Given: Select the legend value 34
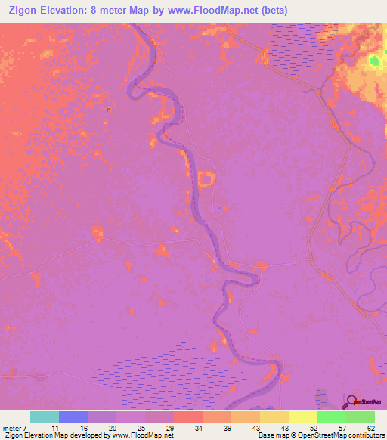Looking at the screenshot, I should pyautogui.click(x=198, y=428).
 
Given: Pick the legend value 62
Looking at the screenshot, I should pyautogui.click(x=371, y=428).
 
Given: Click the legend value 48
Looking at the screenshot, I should pyautogui.click(x=285, y=428).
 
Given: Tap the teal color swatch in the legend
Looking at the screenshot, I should pyautogui.click(x=45, y=417).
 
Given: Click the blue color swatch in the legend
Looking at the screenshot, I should pyautogui.click(x=73, y=417).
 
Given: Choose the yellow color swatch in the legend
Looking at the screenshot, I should pyautogui.click(x=302, y=417).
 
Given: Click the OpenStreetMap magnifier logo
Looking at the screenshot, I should pyautogui.click(x=353, y=401).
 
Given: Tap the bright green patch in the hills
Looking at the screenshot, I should pyautogui.click(x=374, y=61).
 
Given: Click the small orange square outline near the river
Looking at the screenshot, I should pyautogui.click(x=206, y=179).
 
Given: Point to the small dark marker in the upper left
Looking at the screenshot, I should pyautogui.click(x=109, y=109).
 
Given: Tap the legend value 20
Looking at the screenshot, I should pyautogui.click(x=112, y=428).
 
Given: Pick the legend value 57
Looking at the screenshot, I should pyautogui.click(x=342, y=428).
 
